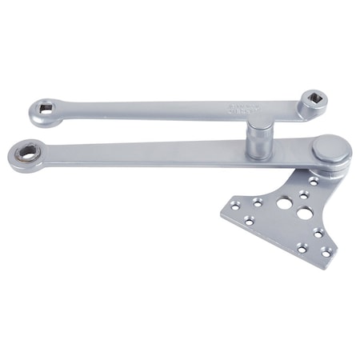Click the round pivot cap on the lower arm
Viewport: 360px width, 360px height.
tap(330, 148)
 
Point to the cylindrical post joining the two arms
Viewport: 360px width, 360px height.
tap(258, 141)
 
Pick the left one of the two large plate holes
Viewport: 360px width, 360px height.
tap(284, 203)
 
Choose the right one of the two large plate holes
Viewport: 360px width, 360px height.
tap(304, 214)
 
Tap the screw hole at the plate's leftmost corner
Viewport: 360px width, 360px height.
tap(235, 206)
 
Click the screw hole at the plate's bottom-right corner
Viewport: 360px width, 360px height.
tap(326, 252)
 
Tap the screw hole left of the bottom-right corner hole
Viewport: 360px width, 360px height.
tap(302, 248)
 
